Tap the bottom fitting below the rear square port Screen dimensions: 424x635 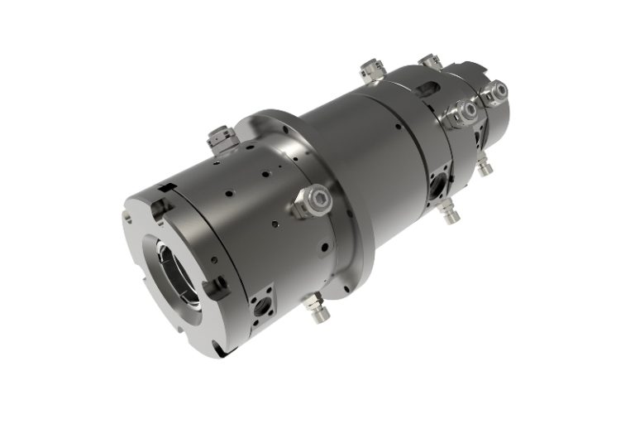click(448, 213)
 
